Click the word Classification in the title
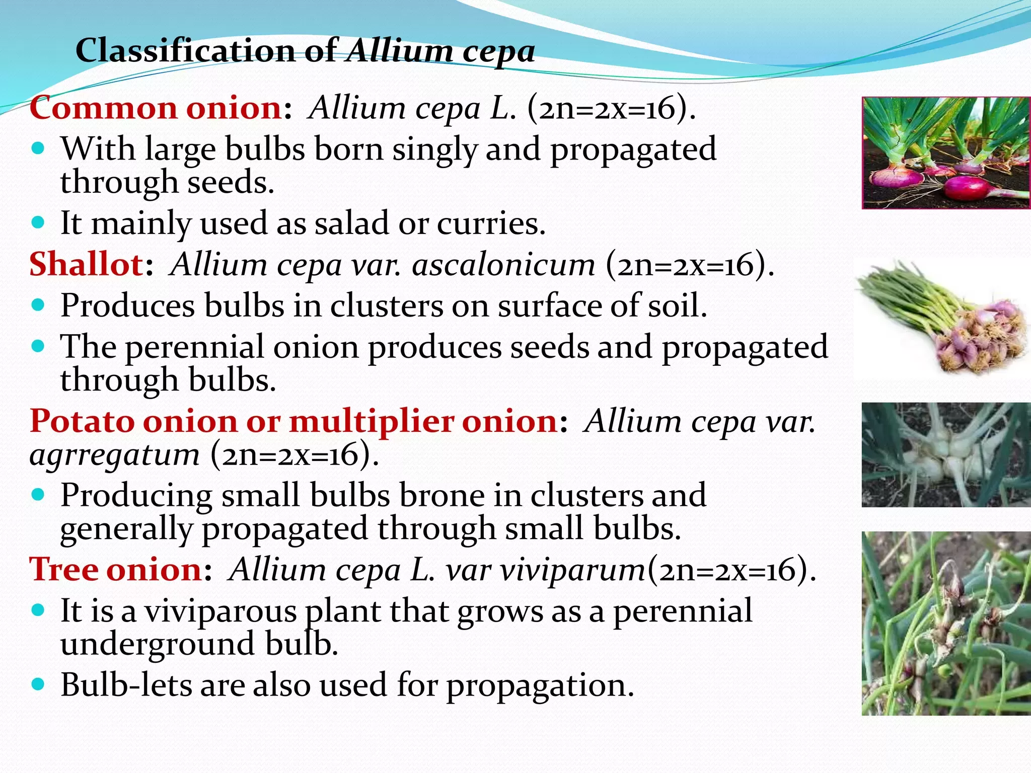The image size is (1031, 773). click(186, 51)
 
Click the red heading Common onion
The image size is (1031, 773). click(156, 108)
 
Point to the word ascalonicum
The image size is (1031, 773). click(503, 265)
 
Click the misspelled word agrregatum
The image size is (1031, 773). click(115, 455)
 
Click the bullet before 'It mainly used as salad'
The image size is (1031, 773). click(38, 222)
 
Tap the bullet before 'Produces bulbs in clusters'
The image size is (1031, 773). click(38, 305)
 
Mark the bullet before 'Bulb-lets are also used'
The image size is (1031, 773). click(38, 684)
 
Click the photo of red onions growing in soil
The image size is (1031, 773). click(946, 153)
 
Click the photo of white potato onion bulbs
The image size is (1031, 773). click(946, 455)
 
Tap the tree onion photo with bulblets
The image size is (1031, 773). click(946, 624)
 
